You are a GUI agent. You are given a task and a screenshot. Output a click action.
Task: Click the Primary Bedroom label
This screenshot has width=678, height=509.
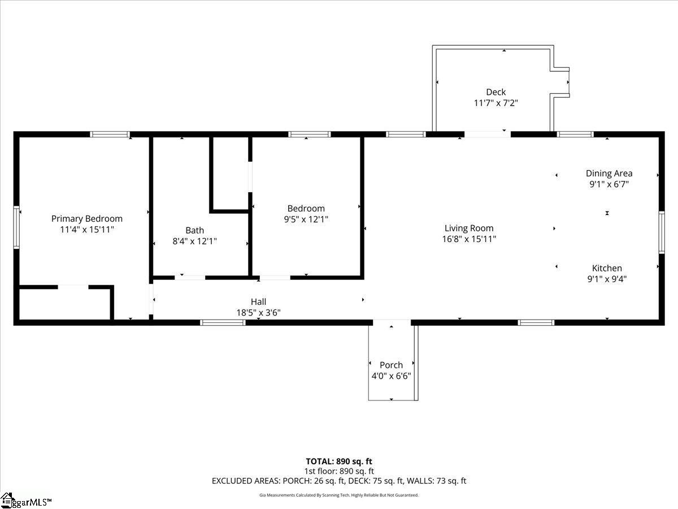click(87, 219)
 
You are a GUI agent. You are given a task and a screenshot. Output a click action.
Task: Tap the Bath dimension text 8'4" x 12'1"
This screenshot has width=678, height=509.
click(194, 241)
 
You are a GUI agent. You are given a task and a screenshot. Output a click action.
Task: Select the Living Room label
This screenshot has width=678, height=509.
click(469, 228)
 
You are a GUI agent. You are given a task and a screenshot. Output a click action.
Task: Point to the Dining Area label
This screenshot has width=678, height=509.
click(609, 174)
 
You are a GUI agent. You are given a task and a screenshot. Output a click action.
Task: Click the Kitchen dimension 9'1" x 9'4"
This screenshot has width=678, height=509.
click(607, 279)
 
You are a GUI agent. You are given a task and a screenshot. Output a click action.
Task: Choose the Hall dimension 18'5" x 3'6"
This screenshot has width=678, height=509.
click(259, 313)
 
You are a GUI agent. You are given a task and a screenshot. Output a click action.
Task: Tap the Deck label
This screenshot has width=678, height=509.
click(496, 92)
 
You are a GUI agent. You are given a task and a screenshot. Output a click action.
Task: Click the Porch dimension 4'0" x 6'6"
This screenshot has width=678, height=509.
click(392, 376)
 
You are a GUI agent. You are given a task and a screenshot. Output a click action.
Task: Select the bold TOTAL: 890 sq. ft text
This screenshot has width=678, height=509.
click(339, 461)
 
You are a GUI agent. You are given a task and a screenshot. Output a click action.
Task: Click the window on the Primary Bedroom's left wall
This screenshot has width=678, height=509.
click(16, 227)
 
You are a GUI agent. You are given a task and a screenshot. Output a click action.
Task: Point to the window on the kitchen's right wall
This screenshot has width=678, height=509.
click(661, 232)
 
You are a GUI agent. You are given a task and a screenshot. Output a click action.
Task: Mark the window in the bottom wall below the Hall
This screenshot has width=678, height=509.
click(223, 322)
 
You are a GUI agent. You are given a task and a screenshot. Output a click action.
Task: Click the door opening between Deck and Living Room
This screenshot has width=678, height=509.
click(488, 134)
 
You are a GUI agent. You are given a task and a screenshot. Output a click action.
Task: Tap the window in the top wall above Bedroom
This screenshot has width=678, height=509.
click(310, 134)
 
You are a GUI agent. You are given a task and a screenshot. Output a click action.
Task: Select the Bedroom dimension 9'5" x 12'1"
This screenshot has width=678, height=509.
click(306, 219)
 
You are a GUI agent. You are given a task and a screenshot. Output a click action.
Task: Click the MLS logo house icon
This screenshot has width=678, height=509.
click(7, 500)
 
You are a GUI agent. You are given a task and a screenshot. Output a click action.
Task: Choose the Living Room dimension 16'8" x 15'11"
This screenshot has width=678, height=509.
click(469, 239)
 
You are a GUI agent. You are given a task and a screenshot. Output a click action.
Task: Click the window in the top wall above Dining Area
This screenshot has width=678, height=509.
click(575, 134)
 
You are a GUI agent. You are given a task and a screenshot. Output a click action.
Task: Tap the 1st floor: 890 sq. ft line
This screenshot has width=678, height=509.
click(339, 471)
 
